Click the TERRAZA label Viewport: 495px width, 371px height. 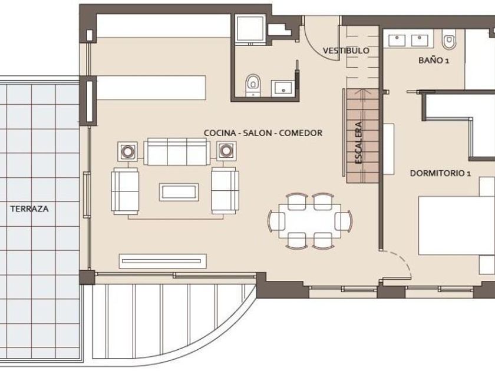pos(29,209)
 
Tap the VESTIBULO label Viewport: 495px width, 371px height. pos(346,51)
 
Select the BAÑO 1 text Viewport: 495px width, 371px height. pos(434,60)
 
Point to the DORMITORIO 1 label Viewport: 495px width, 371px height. pos(440,173)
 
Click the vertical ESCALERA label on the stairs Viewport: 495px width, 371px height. pos(358,143)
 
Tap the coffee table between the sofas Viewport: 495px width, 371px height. pos(179,192)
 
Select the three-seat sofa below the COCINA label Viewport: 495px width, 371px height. pos(177,151)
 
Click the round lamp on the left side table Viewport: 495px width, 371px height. pos(127,151)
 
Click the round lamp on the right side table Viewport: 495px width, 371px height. pos(226,151)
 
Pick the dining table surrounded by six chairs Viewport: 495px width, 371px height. pos(310,221)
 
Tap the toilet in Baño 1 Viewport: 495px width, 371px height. pos(448,39)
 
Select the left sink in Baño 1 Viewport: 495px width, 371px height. pos(397,41)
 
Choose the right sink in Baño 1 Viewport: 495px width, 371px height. pos(420,41)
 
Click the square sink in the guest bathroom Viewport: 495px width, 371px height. pos(283,88)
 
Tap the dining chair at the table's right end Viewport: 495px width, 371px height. pos(344,221)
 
